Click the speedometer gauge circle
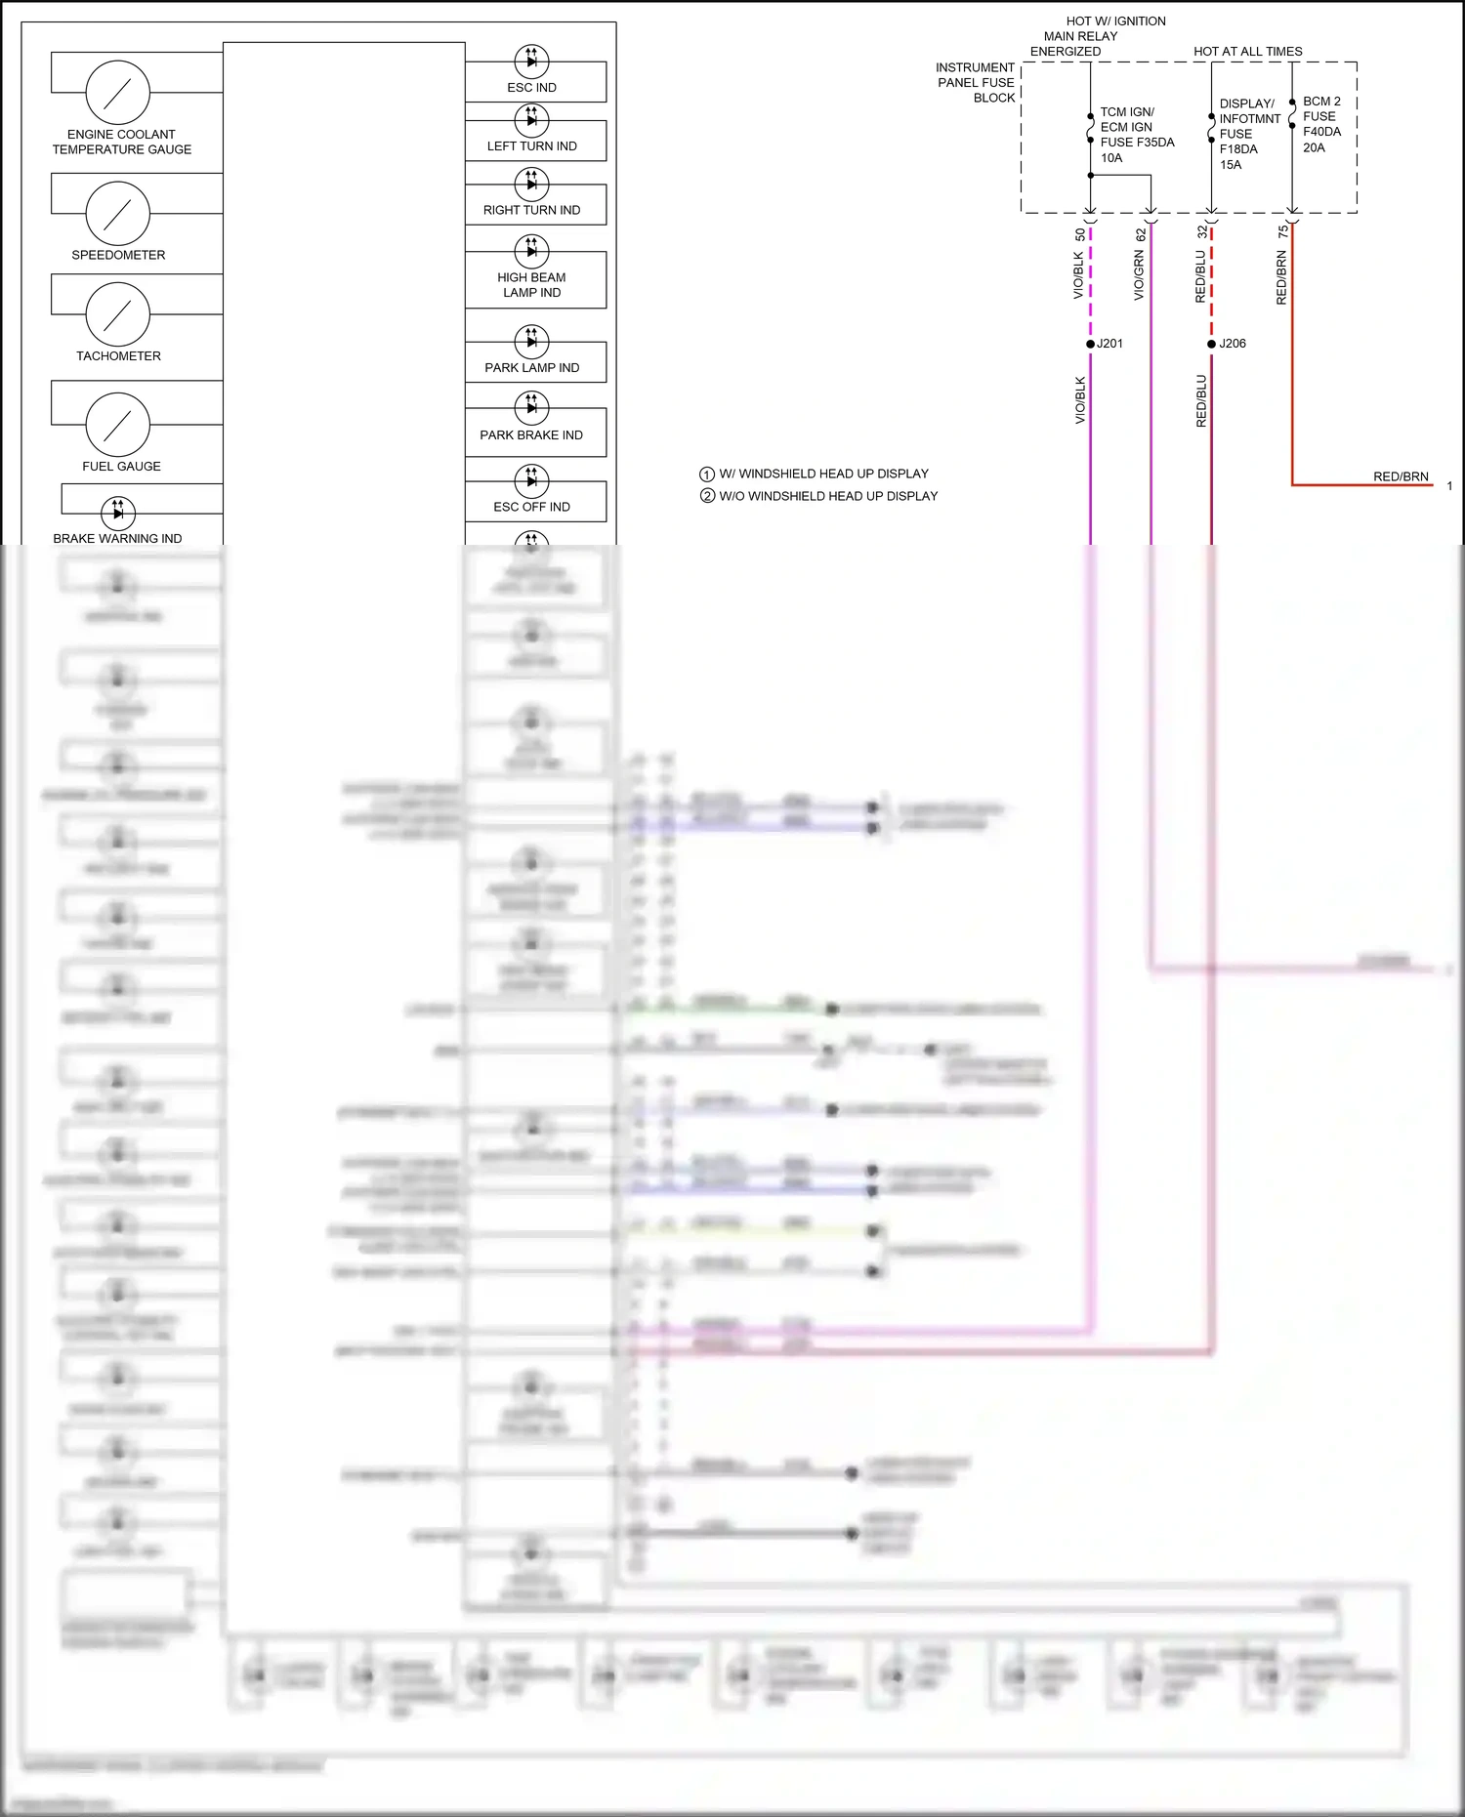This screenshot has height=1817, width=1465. coord(117,213)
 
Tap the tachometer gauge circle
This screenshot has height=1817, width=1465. coord(117,314)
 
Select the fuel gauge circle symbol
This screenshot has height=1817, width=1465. coord(117,425)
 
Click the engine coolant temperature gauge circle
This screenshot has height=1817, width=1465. coord(117,93)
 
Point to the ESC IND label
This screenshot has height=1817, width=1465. coord(531,88)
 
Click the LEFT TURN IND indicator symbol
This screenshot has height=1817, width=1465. coord(531,119)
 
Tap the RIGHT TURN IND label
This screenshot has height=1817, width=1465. coord(531,210)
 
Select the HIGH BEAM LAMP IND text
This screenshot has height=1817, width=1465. coord(531,285)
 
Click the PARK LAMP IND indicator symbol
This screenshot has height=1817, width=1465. coord(531,341)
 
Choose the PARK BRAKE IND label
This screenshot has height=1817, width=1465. coord(531,435)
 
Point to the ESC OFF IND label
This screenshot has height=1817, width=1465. coord(531,507)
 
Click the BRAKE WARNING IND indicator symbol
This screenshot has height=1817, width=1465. coord(117,512)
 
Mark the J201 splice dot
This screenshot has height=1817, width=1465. coord(1090,344)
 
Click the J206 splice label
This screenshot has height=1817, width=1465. coord(1233,344)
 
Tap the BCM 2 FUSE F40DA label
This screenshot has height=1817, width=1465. coord(1321,124)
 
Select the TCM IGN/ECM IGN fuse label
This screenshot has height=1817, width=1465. coord(1136,135)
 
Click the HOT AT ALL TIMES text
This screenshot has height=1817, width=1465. coord(1247,52)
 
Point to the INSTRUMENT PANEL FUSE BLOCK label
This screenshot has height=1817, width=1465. coord(976,83)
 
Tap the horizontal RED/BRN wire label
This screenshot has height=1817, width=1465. coord(1401,476)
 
